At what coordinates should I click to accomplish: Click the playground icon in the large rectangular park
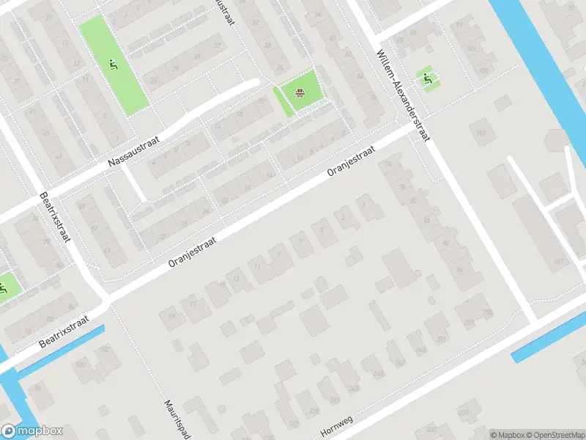(x=112, y=65)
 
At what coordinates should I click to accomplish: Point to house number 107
(x=481, y=133)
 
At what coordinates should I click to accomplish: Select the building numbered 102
(x=104, y=349)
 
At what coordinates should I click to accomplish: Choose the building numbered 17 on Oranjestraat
(x=193, y=302)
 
